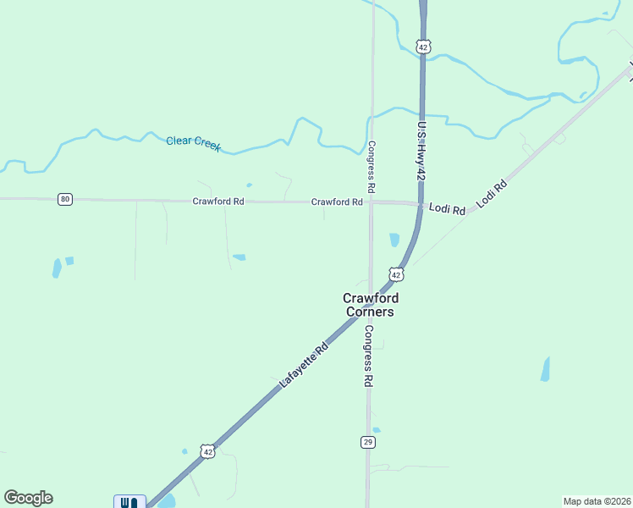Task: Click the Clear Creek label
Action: point(193,143)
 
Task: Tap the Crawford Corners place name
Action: point(370,305)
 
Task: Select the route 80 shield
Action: point(65,199)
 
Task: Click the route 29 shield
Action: point(367,442)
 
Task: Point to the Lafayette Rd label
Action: point(304,367)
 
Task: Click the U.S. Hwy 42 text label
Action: point(419,150)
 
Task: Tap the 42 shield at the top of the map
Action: point(424,47)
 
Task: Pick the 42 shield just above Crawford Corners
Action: point(396,274)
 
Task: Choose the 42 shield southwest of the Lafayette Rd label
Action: point(206,452)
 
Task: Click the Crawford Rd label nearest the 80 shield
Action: point(218,202)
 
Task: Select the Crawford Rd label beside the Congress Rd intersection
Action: point(337,202)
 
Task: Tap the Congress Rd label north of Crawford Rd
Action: point(371,165)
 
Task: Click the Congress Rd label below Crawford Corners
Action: point(368,356)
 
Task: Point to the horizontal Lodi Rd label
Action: point(447,208)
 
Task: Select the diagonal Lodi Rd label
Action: point(492,194)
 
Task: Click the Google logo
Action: point(28,498)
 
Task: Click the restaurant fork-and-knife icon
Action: point(129,502)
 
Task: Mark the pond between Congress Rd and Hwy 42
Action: point(394,240)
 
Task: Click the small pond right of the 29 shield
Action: point(377,430)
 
